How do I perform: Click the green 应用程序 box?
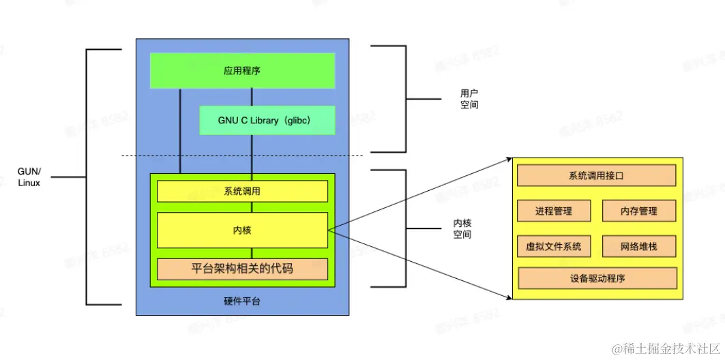pos(242,70)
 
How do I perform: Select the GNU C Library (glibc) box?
pos(267,120)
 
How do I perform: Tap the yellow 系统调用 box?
pos(242,191)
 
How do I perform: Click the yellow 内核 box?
pos(242,230)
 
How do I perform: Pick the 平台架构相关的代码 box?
pos(242,269)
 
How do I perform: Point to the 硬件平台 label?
pos(242,301)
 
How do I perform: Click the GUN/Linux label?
pos(29,177)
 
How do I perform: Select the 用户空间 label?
pos(469,99)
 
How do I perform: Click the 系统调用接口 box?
pos(596,176)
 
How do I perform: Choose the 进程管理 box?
pos(553,211)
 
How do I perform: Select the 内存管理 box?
pos(639,211)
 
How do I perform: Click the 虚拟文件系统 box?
pos(553,246)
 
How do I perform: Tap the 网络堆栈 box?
pos(639,246)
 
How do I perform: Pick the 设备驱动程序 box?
pos(597,278)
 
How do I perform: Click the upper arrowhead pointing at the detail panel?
pos(509,160)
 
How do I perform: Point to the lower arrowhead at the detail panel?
pos(509,297)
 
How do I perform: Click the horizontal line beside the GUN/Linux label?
pos(68,177)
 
